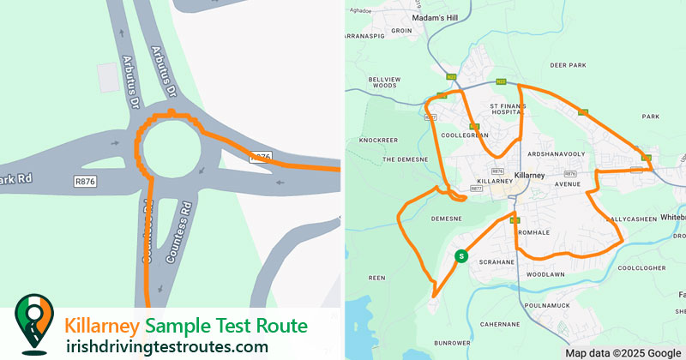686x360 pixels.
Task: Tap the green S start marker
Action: click(x=461, y=255)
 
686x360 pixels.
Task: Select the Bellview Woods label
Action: click(x=384, y=81)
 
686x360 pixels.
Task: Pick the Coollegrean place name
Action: click(x=464, y=135)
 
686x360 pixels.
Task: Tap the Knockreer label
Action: click(x=379, y=139)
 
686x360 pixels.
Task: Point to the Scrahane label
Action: click(x=496, y=261)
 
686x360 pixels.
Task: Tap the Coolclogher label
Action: click(x=641, y=267)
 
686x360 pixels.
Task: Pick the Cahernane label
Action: click(x=501, y=324)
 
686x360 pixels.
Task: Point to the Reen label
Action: click(x=376, y=278)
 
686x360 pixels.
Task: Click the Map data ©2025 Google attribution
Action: click(x=622, y=352)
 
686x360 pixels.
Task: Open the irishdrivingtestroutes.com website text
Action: click(x=166, y=346)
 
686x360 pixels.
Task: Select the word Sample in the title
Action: click(x=172, y=326)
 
